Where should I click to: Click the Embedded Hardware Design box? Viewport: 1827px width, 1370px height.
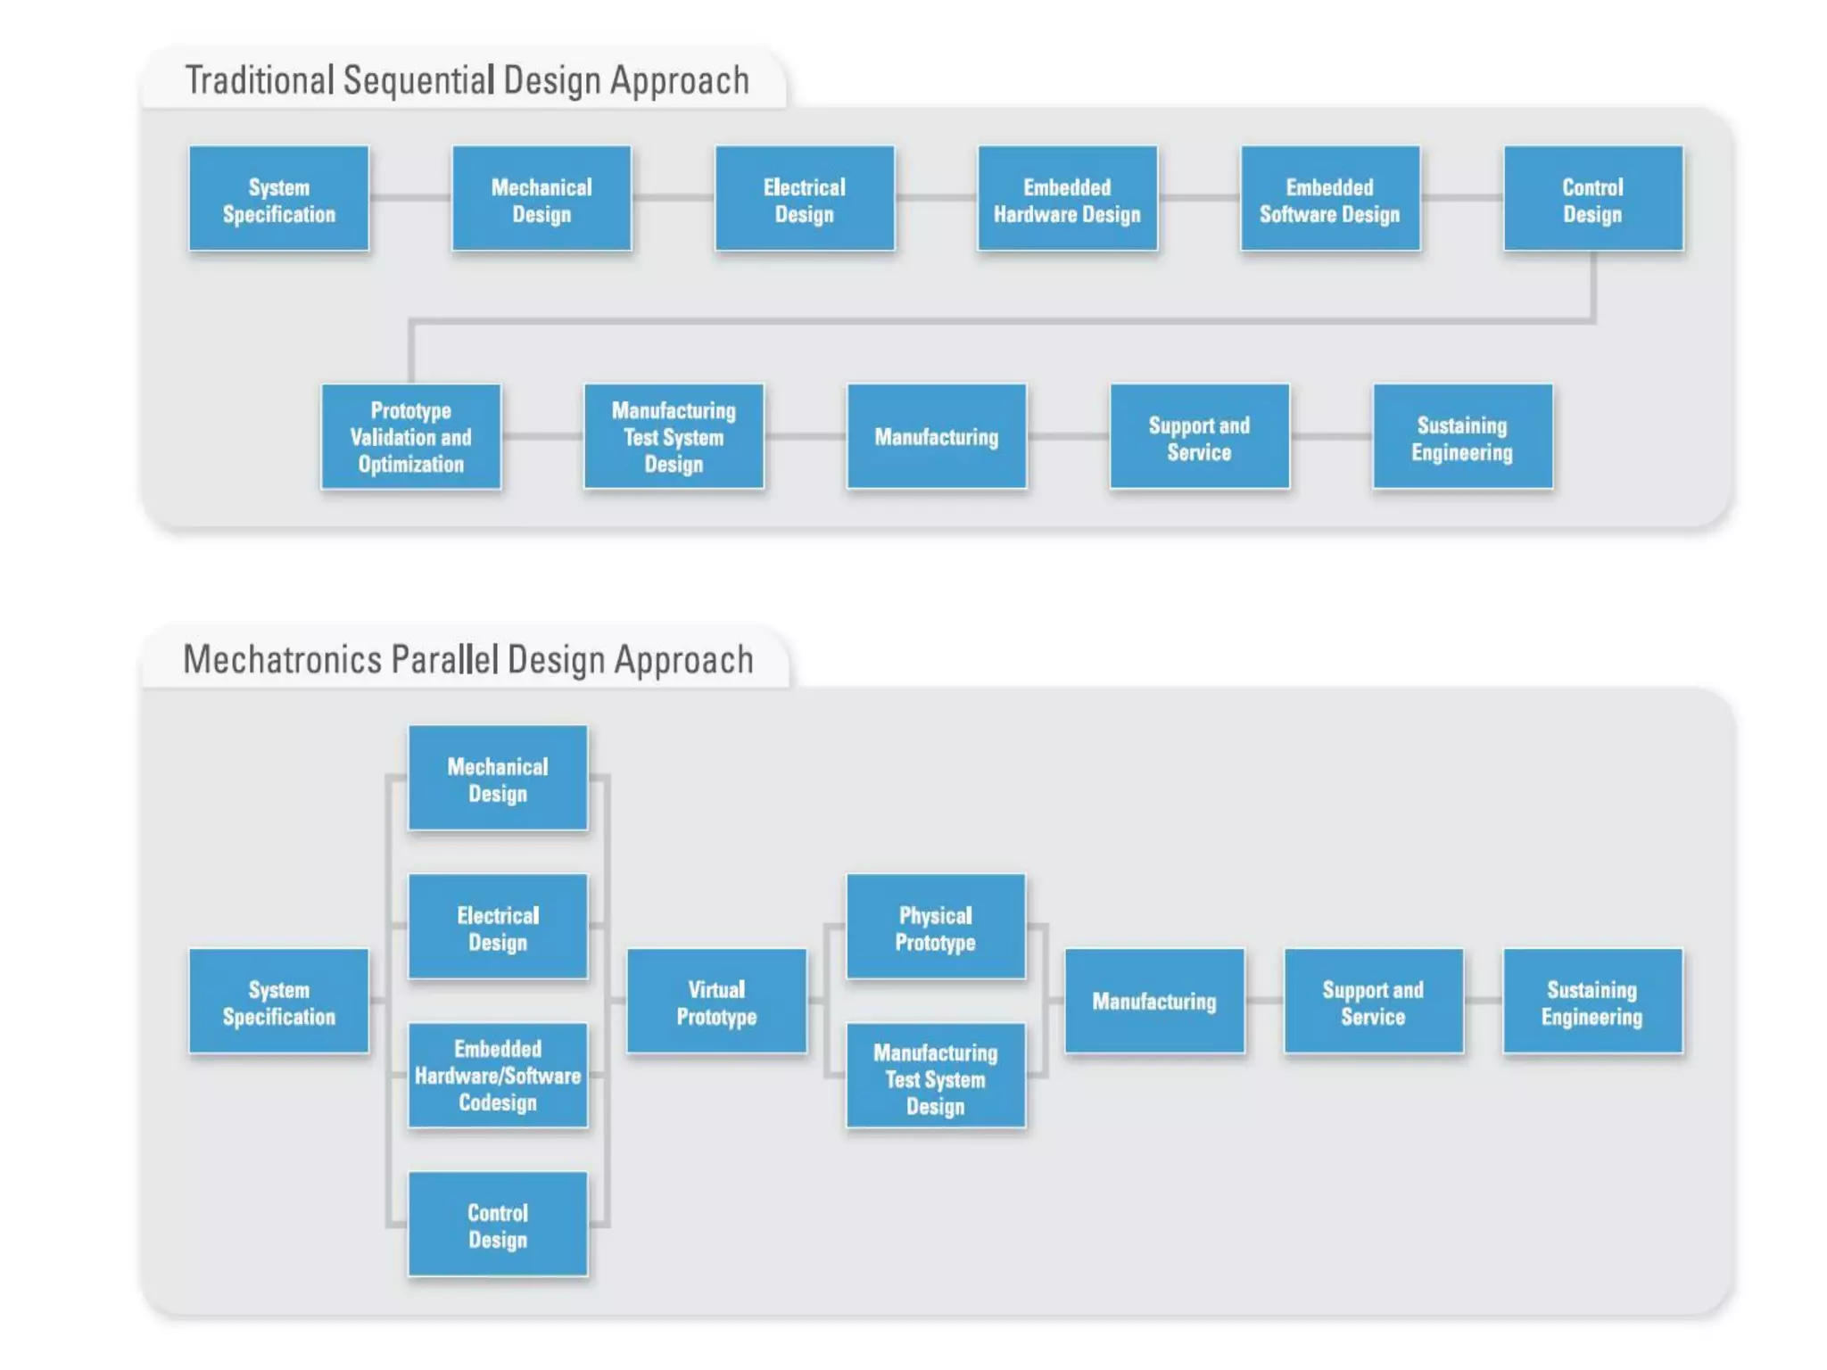[x=1067, y=199]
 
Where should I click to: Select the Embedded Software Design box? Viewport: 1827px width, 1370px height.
[x=1329, y=199]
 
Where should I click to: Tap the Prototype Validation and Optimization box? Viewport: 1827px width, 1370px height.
[x=410, y=436]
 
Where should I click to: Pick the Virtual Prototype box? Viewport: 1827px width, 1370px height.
[x=716, y=1001]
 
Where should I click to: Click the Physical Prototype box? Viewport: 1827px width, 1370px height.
[x=935, y=927]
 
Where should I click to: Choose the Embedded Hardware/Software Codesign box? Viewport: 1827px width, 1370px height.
[x=498, y=1075]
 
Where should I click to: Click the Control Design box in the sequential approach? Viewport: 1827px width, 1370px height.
[x=1592, y=199]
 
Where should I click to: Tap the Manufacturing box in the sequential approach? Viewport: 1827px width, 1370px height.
[x=936, y=436]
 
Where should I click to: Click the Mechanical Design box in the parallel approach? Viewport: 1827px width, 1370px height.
[x=498, y=778]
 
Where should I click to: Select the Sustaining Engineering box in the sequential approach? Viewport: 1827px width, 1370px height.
[x=1462, y=436]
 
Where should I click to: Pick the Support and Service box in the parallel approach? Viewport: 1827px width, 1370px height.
[x=1373, y=1001]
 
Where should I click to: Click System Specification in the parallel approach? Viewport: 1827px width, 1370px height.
[x=278, y=1001]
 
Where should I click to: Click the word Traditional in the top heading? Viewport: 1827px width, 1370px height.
[x=259, y=80]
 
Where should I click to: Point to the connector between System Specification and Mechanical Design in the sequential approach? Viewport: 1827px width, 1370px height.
[x=409, y=198]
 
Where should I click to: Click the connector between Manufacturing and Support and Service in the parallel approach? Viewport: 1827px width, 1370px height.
[x=1264, y=1001]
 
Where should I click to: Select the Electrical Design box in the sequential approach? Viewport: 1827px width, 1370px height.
[x=804, y=199]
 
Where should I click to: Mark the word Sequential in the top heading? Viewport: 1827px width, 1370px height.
[x=418, y=80]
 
